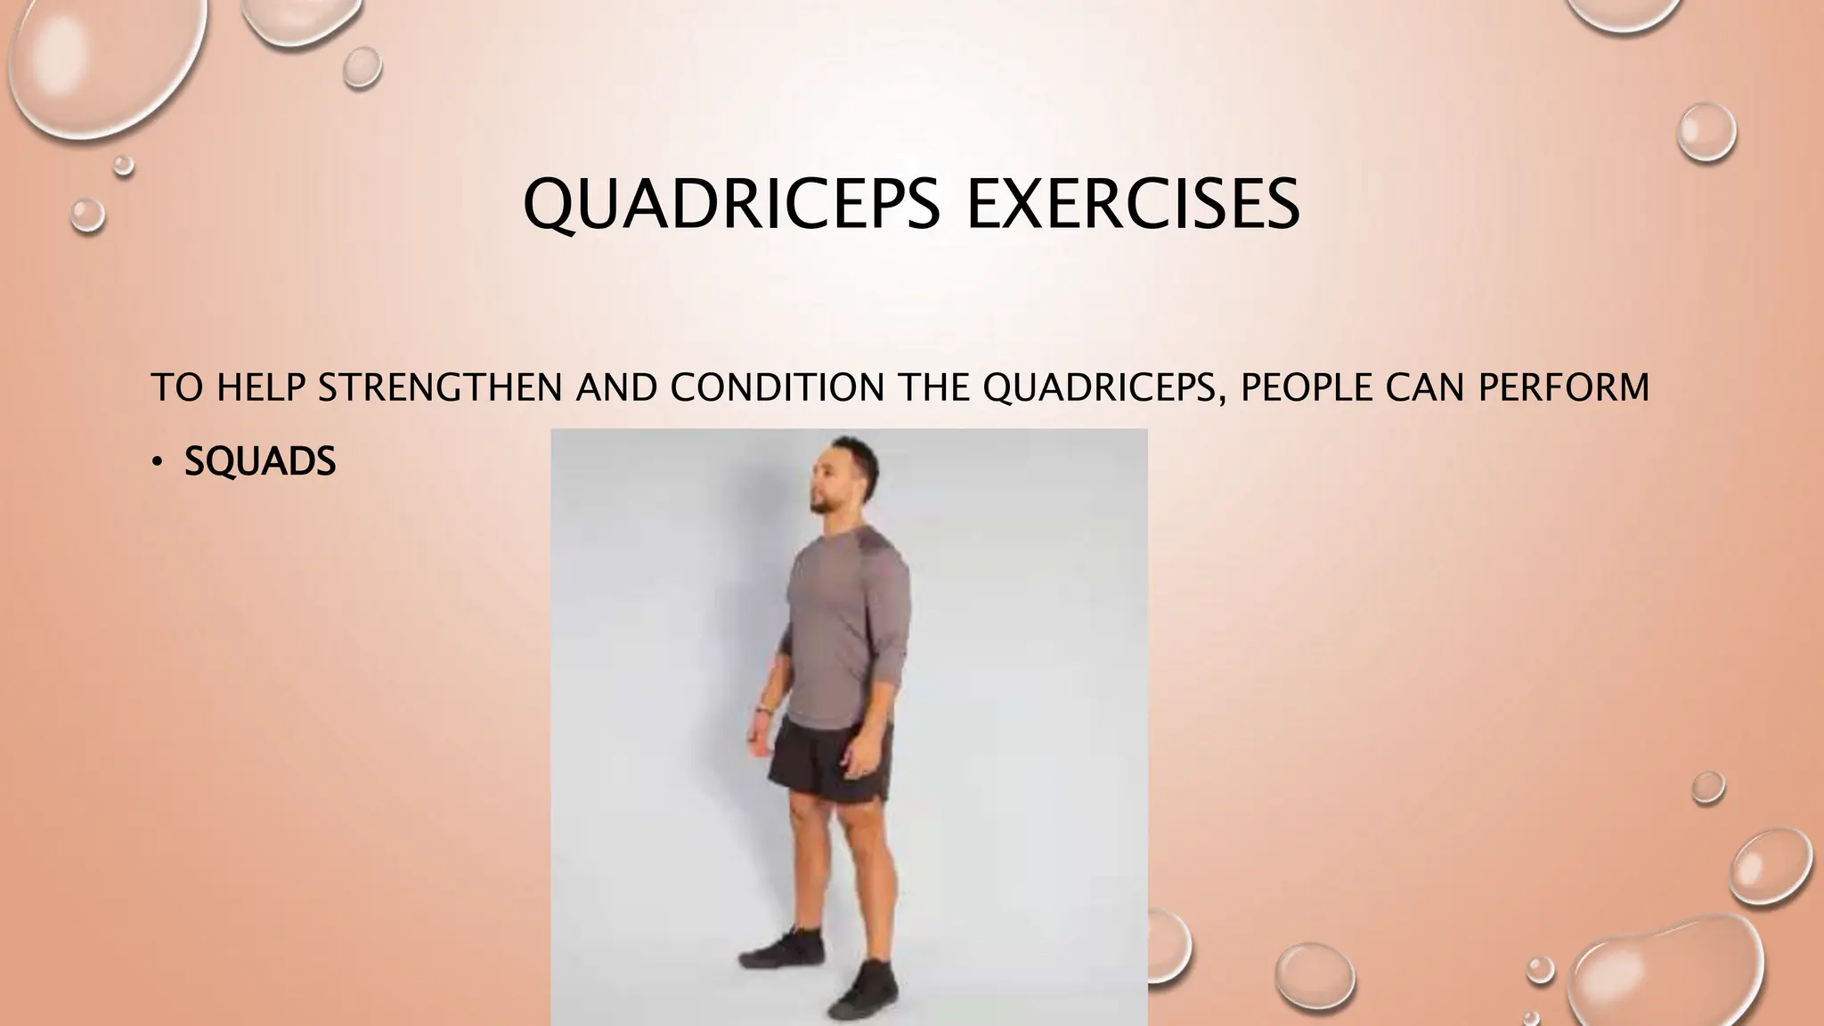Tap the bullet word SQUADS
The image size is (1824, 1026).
[x=260, y=461]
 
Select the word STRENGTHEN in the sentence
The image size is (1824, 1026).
[x=439, y=387]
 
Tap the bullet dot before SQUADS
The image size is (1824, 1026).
[x=157, y=461]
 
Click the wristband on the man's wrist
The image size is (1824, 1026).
[x=762, y=710]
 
